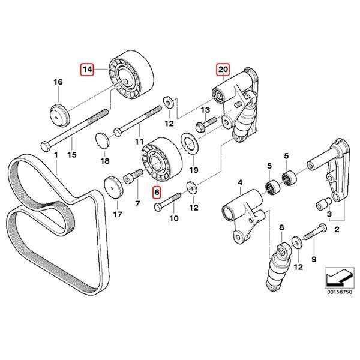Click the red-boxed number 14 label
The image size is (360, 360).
pyautogui.click(x=88, y=70)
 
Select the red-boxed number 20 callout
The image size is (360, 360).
pyautogui.click(x=223, y=70)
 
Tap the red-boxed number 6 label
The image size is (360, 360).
pyautogui.click(x=157, y=193)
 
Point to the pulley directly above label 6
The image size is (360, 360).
pyautogui.click(x=159, y=160)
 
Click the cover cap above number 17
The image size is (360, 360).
pyautogui.click(x=113, y=187)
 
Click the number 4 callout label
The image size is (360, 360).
pyautogui.click(x=239, y=183)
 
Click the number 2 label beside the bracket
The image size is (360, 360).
pyautogui.click(x=337, y=229)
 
